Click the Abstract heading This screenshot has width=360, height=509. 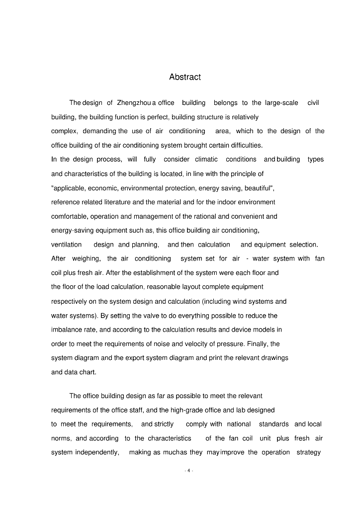[x=185, y=77]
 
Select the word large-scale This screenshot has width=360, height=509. [x=281, y=103]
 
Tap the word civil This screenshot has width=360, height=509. [x=313, y=103]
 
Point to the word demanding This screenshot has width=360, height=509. [x=99, y=131]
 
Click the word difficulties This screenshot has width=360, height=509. [x=246, y=146]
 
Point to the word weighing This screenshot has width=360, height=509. [x=87, y=258]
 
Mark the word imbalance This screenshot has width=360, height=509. [x=68, y=330]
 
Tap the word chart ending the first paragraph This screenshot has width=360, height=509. [x=88, y=372]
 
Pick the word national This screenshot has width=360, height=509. [x=239, y=424]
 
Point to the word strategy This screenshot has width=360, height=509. [x=308, y=452]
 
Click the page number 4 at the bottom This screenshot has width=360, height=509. [x=188, y=470]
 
